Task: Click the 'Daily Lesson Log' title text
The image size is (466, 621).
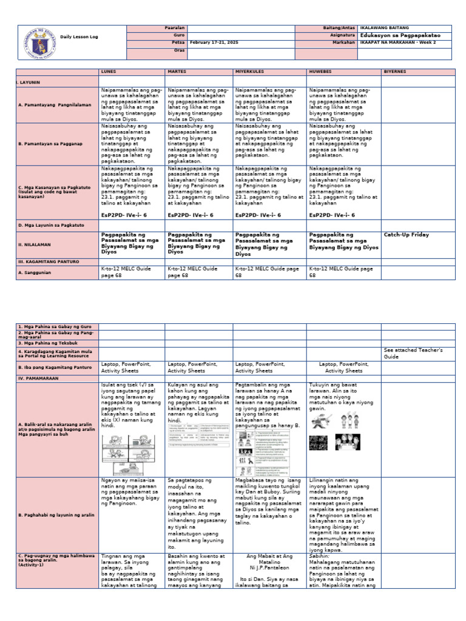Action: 82,37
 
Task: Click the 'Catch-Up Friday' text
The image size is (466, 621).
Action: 407,235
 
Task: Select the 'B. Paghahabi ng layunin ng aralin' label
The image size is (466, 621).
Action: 53,515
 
